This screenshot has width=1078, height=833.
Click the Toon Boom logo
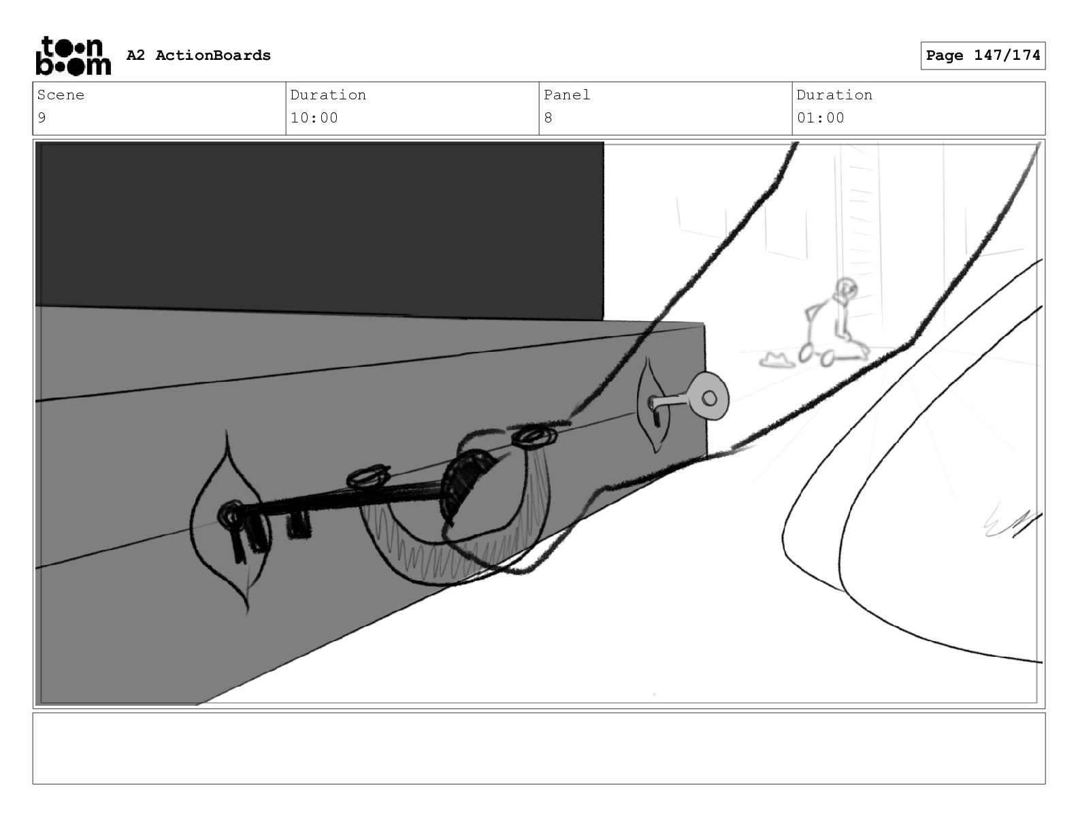point(73,56)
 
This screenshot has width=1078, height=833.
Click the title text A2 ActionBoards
point(199,55)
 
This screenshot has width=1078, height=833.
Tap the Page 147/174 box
point(983,56)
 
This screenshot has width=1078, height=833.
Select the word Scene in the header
point(61,95)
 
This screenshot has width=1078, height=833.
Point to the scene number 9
point(42,118)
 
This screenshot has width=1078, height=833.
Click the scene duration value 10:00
point(314,118)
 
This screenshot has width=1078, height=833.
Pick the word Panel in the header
point(566,95)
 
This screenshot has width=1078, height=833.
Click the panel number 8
point(548,118)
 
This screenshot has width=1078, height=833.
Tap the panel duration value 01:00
point(821,118)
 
